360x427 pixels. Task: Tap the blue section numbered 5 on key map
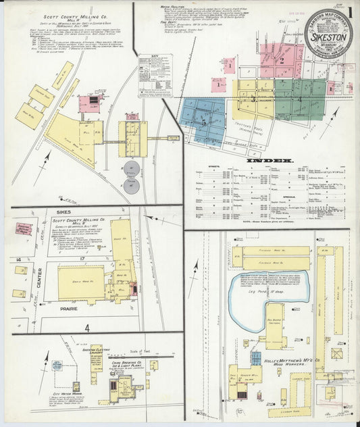click(x=203, y=121)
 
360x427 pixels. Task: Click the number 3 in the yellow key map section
click(x=253, y=99)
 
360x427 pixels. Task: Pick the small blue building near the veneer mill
click(x=256, y=356)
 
